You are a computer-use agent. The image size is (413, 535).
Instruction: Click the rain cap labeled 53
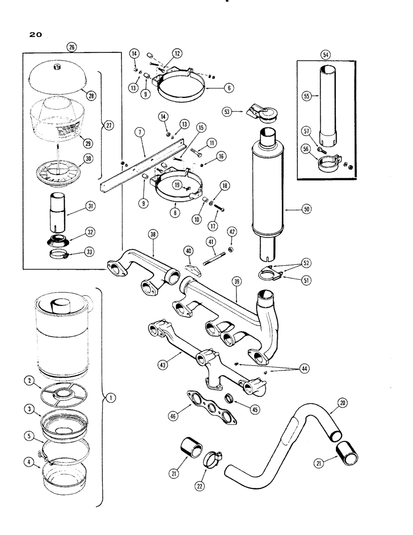point(253,113)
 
